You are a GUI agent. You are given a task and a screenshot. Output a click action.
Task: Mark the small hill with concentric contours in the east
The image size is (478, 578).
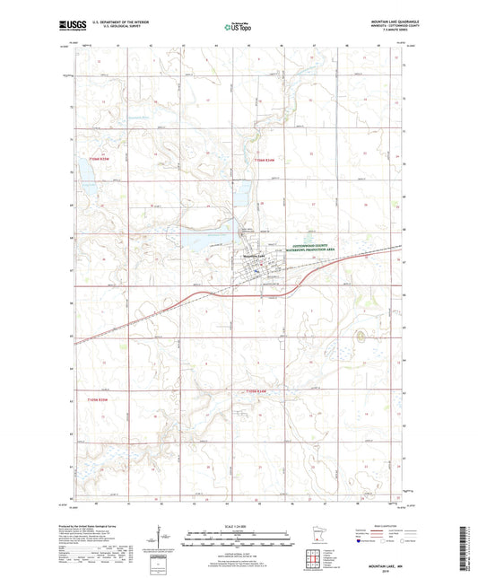(x=361, y=337)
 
